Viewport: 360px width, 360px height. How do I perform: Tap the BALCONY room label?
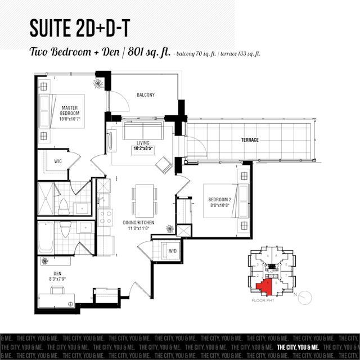click(x=145, y=95)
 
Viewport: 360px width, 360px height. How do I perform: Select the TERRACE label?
click(x=248, y=140)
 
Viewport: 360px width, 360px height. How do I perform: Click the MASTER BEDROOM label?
click(x=73, y=110)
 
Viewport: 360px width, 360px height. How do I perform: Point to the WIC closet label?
click(x=57, y=161)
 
